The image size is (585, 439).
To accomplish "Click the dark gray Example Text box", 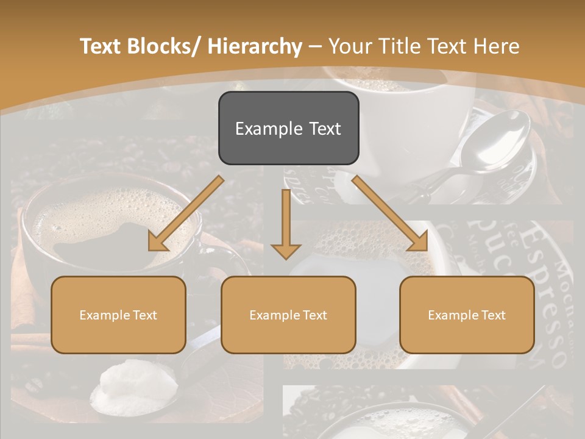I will click(x=288, y=128).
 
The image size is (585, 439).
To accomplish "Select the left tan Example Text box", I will click(x=118, y=315).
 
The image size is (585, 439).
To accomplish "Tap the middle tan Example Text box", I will click(x=288, y=315).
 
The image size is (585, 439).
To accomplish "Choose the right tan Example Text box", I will click(x=467, y=315).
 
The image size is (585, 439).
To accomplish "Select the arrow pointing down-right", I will click(x=390, y=213).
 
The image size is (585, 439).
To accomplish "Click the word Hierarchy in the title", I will click(x=255, y=46).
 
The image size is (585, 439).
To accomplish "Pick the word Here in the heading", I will click(x=497, y=46).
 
